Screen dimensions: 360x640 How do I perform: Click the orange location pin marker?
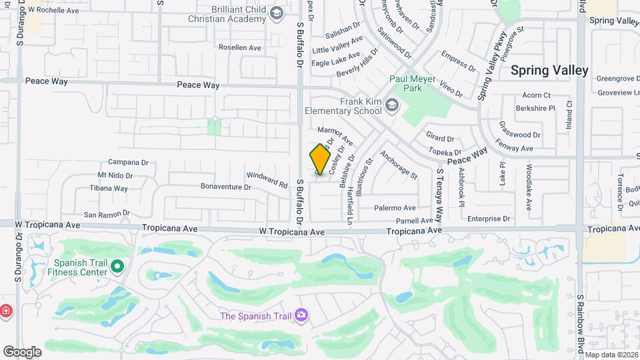(321, 159)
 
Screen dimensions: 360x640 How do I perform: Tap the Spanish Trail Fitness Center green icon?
(118, 267)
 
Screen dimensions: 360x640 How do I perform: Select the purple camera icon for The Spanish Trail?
(301, 314)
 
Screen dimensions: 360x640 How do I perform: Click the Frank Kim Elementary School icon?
(393, 105)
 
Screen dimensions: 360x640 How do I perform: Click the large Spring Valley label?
(549, 70)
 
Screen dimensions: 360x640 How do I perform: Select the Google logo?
(22, 352)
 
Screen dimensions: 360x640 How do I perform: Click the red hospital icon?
(5, 311)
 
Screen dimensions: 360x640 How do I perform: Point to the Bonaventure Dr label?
(226, 187)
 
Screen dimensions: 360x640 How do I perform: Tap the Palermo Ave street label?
(394, 208)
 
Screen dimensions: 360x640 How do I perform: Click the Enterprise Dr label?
(488, 218)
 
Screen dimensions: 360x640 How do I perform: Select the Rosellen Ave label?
(240, 47)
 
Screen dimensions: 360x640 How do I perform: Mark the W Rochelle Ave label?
(54, 11)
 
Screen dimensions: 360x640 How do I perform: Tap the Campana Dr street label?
(128, 162)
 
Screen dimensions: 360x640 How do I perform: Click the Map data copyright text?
(611, 355)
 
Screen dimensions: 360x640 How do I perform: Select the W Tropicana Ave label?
(293, 231)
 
